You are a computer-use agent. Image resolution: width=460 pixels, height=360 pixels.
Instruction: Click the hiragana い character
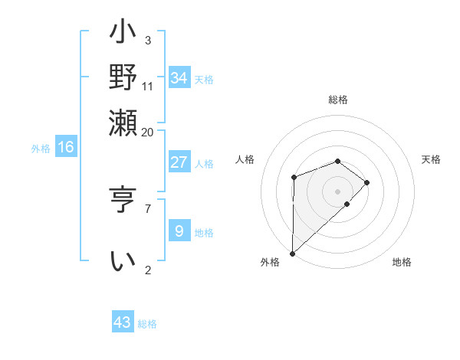123,261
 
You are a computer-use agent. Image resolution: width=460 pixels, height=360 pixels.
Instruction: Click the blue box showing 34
179,78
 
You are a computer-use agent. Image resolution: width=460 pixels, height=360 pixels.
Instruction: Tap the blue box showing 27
179,162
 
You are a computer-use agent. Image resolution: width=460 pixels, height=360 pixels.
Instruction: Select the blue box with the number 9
179,231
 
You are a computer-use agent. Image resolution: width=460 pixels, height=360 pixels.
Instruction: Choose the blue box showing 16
66,147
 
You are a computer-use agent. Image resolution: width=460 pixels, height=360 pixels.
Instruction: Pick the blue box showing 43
123,322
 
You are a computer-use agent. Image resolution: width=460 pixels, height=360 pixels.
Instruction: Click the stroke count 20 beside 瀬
147,132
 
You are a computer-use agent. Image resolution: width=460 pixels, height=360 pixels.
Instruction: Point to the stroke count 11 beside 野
148,87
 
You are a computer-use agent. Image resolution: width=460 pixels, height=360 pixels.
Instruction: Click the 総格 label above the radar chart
337,100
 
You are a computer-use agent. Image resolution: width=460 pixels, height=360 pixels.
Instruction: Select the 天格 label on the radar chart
431,159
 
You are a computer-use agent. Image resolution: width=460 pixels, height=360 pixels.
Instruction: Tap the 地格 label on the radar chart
402,262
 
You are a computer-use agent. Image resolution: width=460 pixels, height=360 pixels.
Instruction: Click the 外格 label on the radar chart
270,262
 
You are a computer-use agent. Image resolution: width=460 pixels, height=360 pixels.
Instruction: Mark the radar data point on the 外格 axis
292,253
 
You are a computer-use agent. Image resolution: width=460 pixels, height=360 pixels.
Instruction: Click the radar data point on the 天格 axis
367,182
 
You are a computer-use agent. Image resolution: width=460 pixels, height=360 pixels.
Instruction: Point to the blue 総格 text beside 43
147,324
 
